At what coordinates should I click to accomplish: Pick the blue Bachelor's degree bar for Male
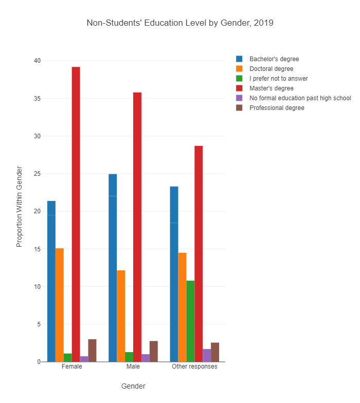pyautogui.click(x=113, y=268)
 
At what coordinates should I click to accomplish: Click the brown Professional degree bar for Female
pyautogui.click(x=92, y=351)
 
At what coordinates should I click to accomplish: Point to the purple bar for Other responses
pyautogui.click(x=207, y=355)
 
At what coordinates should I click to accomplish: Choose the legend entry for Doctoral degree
pyautogui.click(x=271, y=69)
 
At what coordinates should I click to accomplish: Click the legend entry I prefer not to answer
pyautogui.click(x=278, y=79)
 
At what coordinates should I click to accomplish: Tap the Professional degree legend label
pyautogui.click(x=277, y=108)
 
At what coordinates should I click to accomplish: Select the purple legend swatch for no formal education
pyautogui.click(x=239, y=98)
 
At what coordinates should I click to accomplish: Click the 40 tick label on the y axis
pyautogui.click(x=37, y=61)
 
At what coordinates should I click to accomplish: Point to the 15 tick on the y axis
pyautogui.click(x=37, y=249)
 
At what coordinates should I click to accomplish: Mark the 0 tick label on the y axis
pyautogui.click(x=39, y=362)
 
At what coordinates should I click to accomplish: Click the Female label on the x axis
pyautogui.click(x=71, y=367)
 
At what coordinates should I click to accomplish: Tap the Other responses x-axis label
pyautogui.click(x=194, y=367)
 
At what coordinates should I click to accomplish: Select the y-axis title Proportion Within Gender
pyautogui.click(x=20, y=206)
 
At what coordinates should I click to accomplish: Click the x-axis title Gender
pyautogui.click(x=133, y=386)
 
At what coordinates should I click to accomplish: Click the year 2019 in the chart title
pyautogui.click(x=264, y=23)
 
